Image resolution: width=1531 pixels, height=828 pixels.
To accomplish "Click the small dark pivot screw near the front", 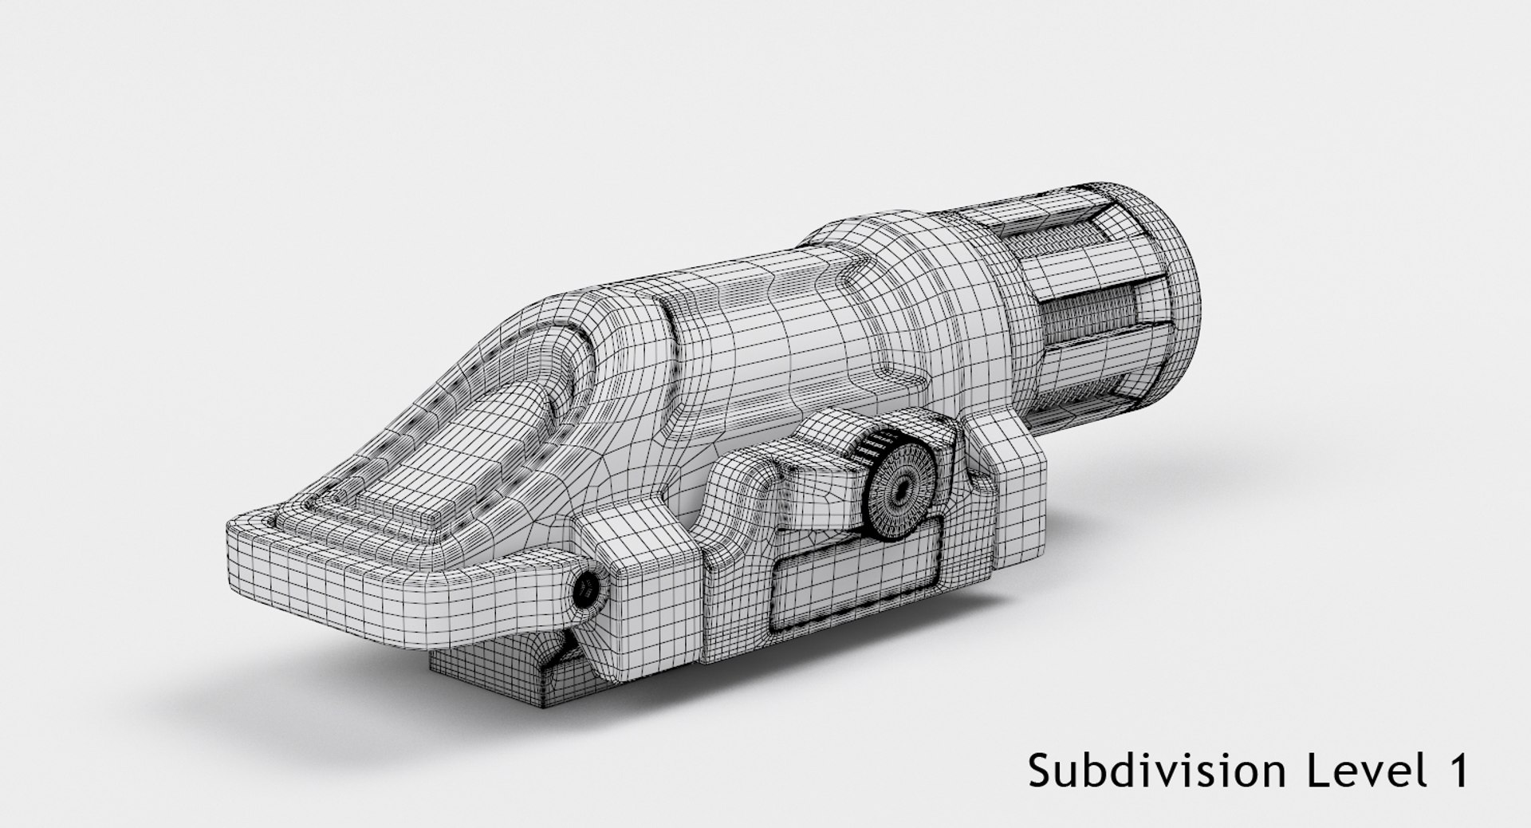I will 587,589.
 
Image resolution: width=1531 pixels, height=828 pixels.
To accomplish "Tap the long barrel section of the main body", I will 765,335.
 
